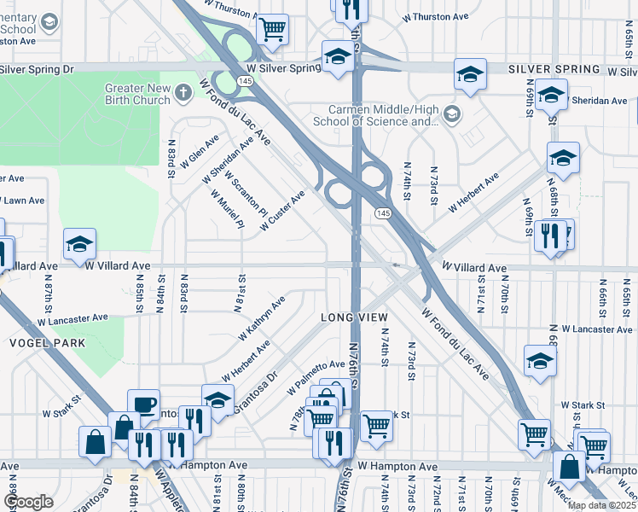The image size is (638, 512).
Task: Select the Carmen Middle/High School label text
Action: (383, 115)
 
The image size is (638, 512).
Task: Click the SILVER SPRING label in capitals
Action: (554, 69)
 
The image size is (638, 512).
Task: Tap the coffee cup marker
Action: (143, 403)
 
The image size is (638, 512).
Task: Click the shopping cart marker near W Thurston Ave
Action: (272, 29)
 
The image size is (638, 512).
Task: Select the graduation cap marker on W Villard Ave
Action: (79, 244)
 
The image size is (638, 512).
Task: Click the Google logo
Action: (28, 502)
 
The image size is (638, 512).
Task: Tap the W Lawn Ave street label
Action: (22, 201)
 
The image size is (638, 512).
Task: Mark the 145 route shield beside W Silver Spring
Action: (245, 80)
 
